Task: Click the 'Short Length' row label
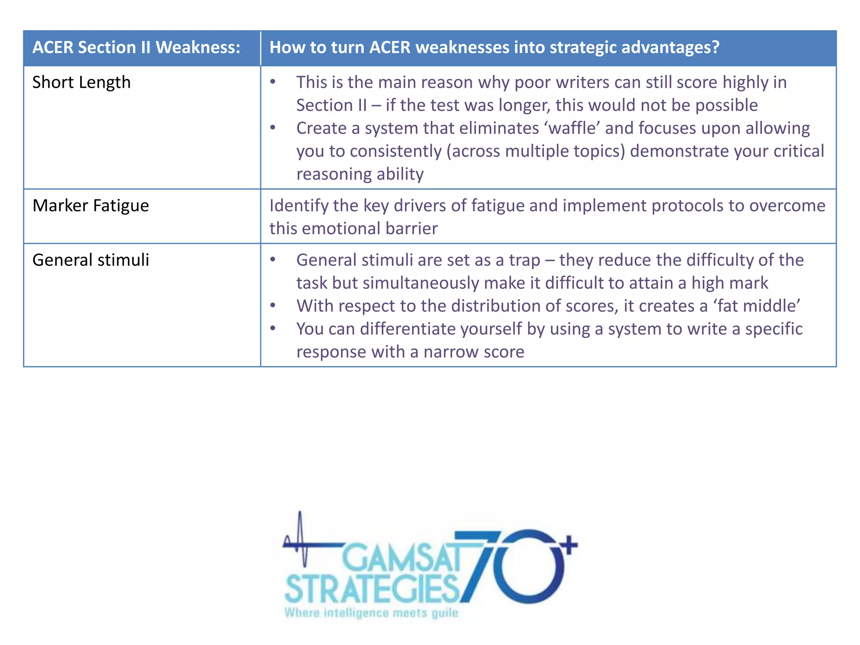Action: tap(81, 82)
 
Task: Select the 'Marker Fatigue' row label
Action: tap(91, 206)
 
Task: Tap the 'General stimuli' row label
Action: tap(91, 260)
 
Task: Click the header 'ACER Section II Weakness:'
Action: tap(136, 47)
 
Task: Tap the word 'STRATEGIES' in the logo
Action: tap(372, 589)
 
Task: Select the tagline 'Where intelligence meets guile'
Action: tap(371, 613)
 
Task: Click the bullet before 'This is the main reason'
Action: tap(273, 82)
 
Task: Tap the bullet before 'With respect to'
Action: tap(273, 305)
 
